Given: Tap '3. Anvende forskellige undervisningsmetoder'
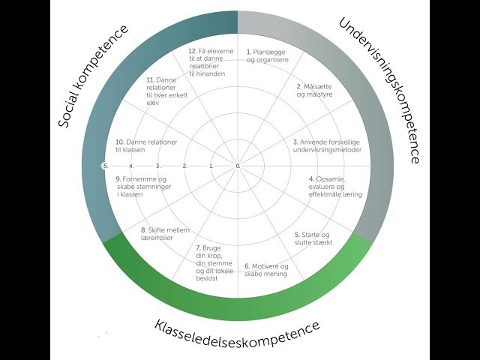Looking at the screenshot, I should (327, 145).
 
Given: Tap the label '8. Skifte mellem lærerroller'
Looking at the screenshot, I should (164, 233).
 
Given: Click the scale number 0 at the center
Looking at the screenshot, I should (238, 166).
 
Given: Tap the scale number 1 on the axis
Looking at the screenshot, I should (211, 166).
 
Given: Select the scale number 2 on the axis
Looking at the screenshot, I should (184, 166).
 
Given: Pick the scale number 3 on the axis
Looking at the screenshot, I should (158, 166).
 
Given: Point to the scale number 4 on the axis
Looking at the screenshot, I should (131, 166).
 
